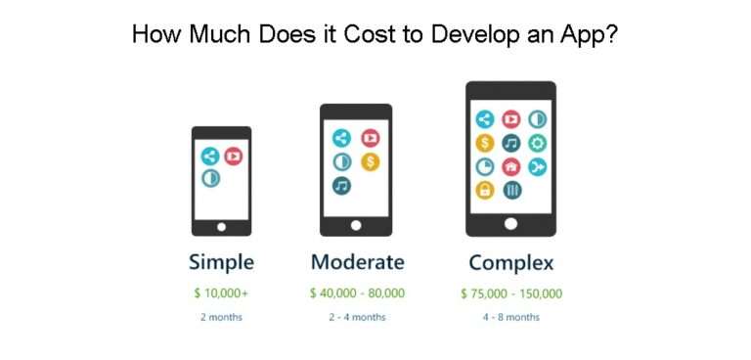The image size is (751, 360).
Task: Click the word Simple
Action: point(221,262)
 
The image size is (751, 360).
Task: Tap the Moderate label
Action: point(357,262)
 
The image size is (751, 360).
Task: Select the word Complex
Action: point(510,262)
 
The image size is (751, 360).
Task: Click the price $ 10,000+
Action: point(221,292)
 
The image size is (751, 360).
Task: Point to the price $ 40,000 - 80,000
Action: point(357,292)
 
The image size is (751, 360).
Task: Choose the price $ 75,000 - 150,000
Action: point(511,292)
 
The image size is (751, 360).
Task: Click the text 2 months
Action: point(221,317)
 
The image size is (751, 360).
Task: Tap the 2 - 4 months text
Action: point(357,317)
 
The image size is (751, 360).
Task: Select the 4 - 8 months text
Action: point(511,317)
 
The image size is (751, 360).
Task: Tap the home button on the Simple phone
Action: point(221,227)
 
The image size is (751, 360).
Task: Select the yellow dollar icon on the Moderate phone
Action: point(371,161)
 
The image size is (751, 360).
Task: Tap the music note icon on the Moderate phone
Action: point(342,185)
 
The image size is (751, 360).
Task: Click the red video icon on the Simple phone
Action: point(233,156)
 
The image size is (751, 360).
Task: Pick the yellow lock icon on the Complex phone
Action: point(484,190)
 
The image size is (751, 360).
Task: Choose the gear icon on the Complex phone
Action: point(538,143)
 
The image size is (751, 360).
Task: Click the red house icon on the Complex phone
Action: point(510,166)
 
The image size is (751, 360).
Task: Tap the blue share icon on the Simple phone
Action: point(209,156)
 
